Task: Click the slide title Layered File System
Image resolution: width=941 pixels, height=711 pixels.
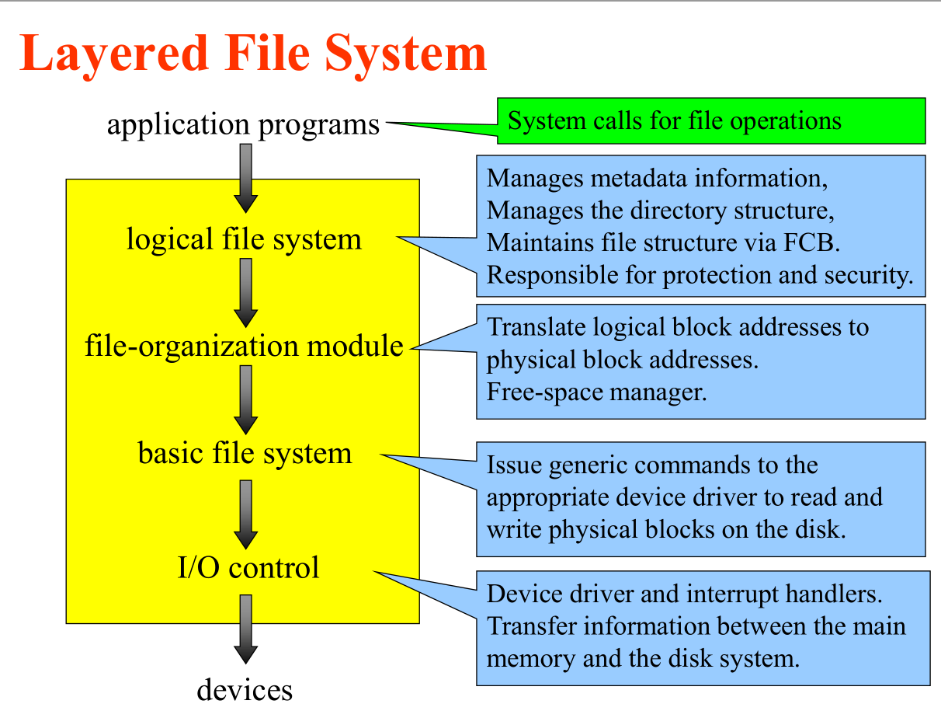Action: pyautogui.click(x=253, y=53)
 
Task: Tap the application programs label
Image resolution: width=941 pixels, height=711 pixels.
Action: pyautogui.click(x=244, y=124)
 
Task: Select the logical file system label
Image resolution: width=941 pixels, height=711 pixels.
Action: pyautogui.click(x=244, y=239)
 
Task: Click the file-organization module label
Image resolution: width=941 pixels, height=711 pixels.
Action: pyautogui.click(x=244, y=345)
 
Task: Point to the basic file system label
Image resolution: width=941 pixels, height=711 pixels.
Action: pyautogui.click(x=245, y=452)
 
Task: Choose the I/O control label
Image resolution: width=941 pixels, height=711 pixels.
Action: pyautogui.click(x=248, y=567)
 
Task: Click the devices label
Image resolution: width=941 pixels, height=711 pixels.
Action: pyautogui.click(x=245, y=689)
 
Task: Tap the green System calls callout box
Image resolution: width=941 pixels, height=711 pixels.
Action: pyautogui.click(x=710, y=121)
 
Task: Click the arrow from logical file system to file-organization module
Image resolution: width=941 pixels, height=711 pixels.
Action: pyautogui.click(x=245, y=292)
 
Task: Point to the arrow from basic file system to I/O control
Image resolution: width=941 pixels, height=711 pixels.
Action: pyautogui.click(x=245, y=514)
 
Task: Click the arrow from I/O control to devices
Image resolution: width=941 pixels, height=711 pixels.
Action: pyautogui.click(x=245, y=629)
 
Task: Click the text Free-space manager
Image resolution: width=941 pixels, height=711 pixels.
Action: pyautogui.click(x=596, y=392)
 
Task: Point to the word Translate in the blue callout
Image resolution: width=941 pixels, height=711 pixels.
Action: pyautogui.click(x=536, y=327)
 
